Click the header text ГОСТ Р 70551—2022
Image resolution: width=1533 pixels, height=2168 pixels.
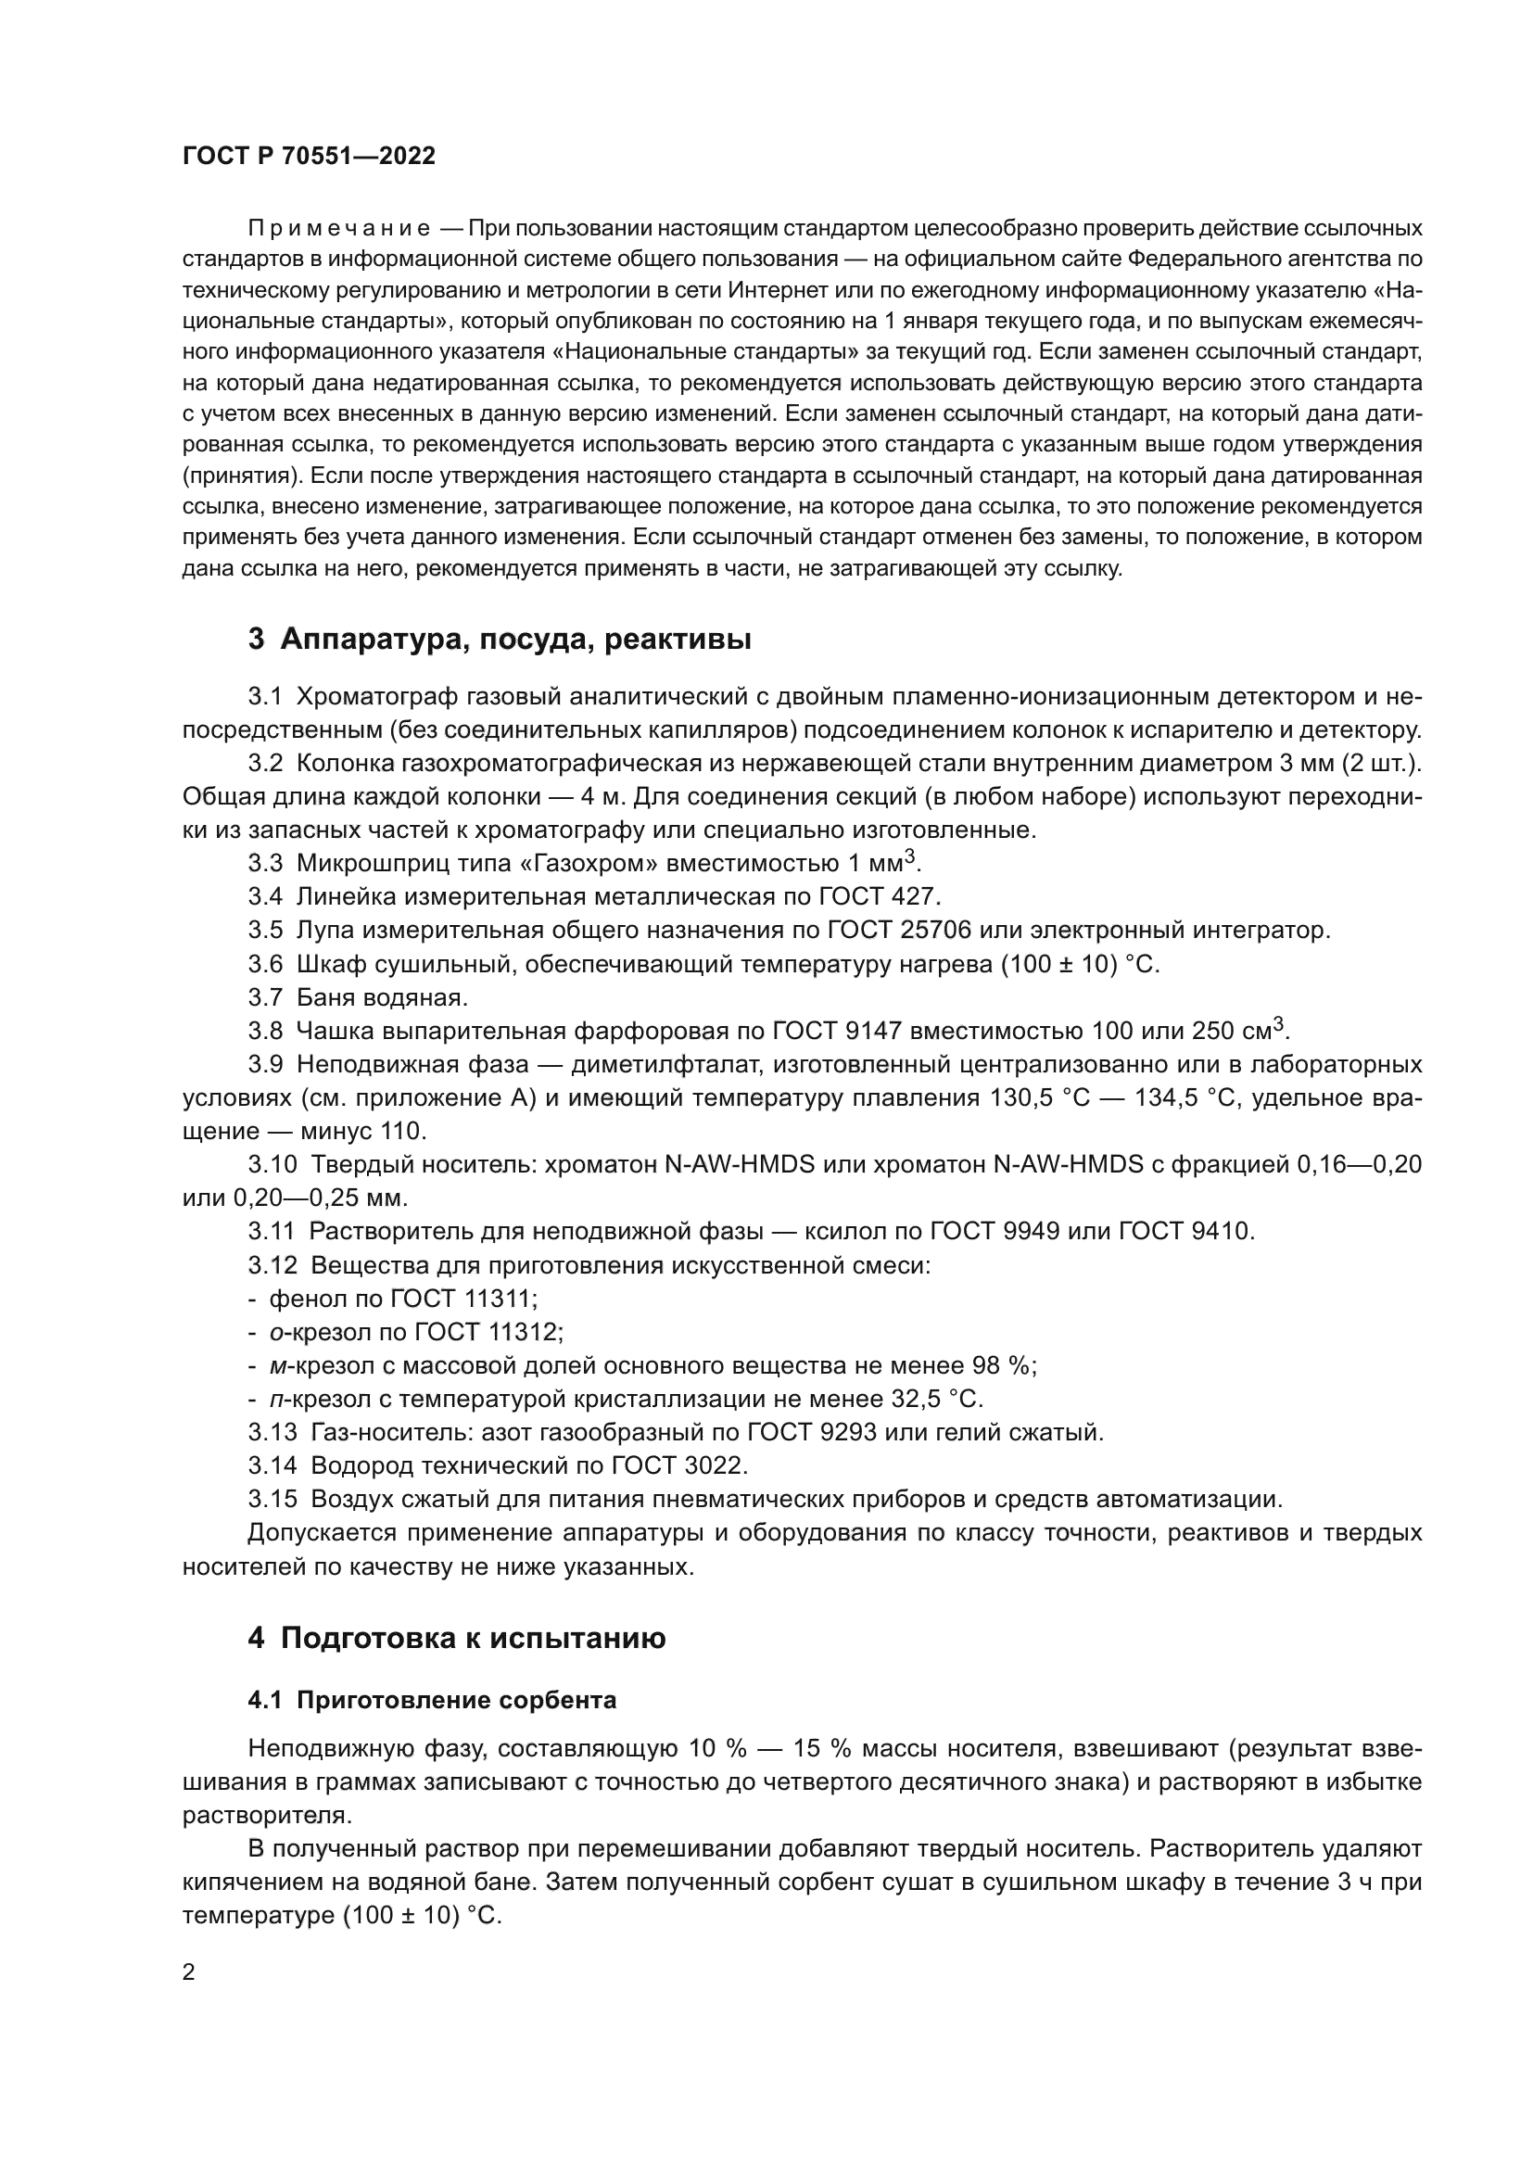(x=309, y=157)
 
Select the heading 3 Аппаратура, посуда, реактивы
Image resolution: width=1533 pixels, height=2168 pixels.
(x=500, y=640)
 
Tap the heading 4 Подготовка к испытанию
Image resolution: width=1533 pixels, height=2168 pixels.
(x=457, y=1638)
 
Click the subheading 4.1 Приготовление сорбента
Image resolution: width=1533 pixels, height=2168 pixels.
(x=431, y=1701)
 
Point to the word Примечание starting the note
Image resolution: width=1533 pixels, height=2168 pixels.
(x=339, y=229)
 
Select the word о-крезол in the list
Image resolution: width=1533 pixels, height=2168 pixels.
(x=307, y=1332)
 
